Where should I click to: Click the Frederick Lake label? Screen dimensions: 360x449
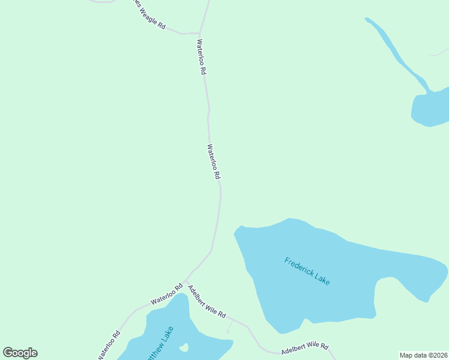point(307,271)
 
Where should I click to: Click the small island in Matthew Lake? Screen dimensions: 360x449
point(184,347)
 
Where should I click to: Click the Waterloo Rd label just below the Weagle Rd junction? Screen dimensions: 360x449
point(202,57)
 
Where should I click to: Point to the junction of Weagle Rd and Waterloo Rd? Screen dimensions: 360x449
point(199,33)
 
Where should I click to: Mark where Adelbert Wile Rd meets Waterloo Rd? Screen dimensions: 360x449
point(185,281)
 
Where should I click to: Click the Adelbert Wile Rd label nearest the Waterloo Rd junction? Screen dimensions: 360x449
point(206,301)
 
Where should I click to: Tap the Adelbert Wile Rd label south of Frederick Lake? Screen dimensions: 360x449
point(305,347)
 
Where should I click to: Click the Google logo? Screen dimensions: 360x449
point(20,353)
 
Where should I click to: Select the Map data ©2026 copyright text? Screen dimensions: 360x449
point(423,355)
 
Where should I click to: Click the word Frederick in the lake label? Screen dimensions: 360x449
point(299,266)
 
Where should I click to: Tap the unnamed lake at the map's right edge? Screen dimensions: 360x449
point(431,109)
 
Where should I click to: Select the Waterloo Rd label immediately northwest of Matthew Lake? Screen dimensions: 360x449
point(166,294)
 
